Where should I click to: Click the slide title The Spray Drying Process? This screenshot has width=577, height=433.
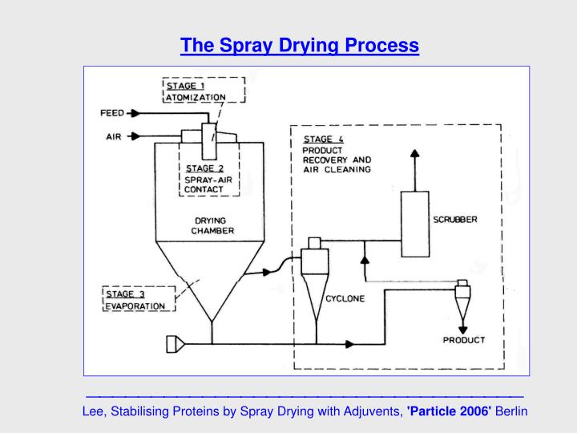(299, 46)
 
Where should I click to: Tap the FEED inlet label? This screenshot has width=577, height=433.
(112, 113)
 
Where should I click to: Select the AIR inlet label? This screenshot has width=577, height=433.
(114, 136)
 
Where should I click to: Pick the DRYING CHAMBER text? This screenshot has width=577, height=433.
(212, 225)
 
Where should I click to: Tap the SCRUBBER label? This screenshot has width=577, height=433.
(455, 220)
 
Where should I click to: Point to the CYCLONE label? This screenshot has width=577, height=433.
(345, 298)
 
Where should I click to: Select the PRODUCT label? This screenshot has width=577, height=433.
(464, 340)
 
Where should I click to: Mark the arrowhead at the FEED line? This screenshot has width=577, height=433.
(136, 113)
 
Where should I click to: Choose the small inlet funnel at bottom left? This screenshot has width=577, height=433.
(175, 344)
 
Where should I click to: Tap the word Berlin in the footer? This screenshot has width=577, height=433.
(511, 411)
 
